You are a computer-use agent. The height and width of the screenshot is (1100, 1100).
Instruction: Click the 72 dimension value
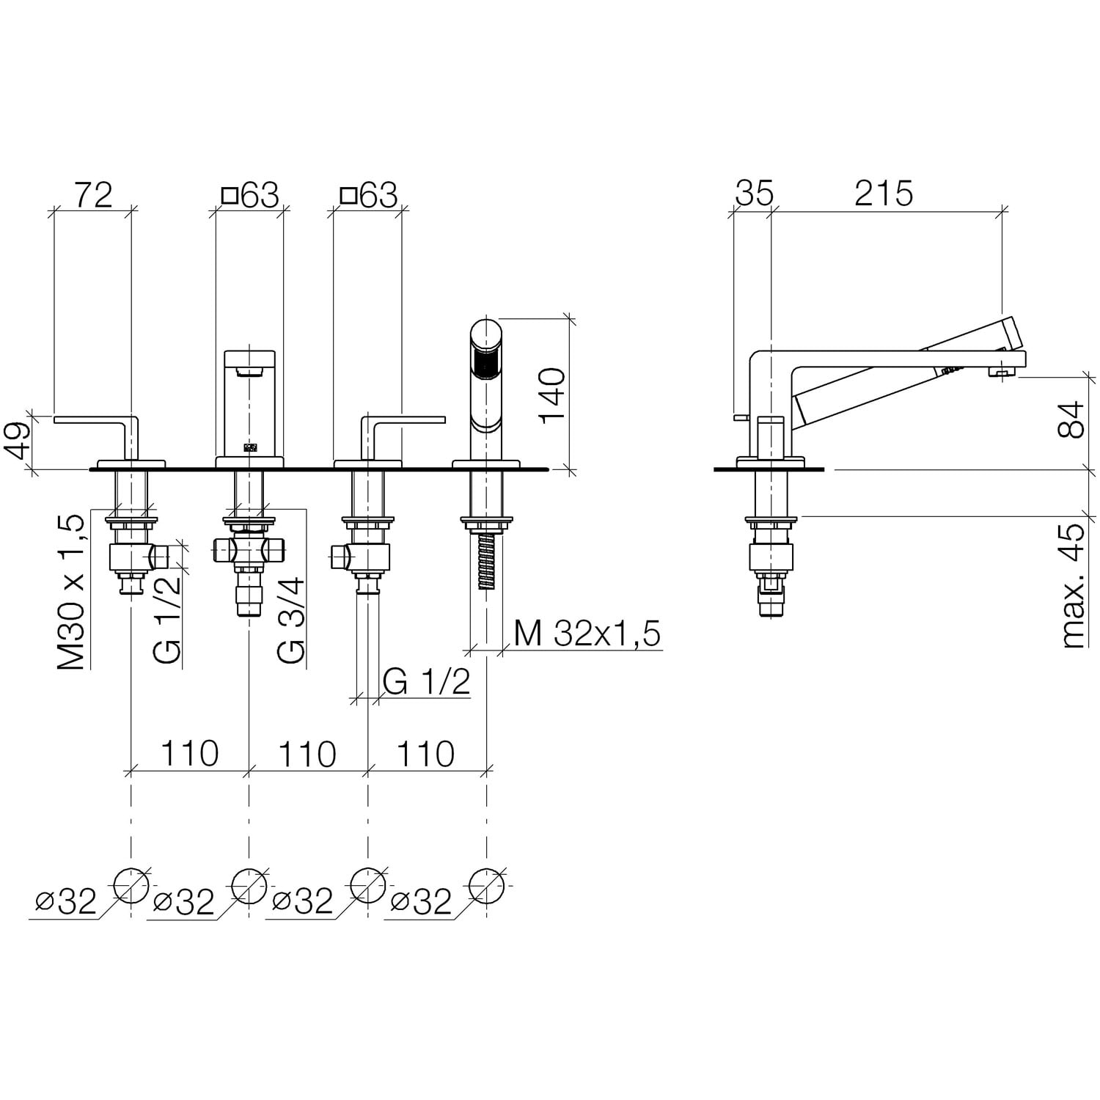tap(93, 194)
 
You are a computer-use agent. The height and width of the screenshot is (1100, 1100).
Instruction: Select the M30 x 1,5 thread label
tap(72, 592)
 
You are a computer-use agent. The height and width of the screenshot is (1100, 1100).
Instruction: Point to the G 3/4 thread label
tap(290, 619)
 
